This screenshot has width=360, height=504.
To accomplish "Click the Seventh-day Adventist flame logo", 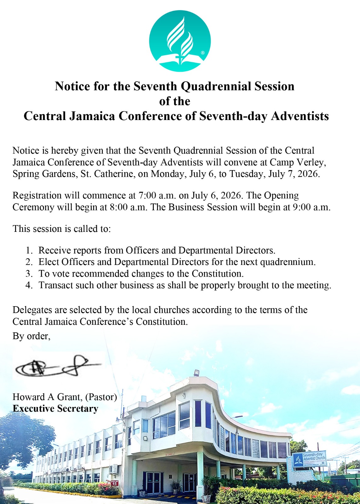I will click(x=180, y=41).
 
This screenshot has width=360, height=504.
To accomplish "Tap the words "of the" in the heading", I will click(x=175, y=101).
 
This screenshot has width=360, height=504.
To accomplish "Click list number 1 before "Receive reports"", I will click(x=29, y=251).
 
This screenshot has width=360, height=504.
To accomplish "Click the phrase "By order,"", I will click(x=32, y=336).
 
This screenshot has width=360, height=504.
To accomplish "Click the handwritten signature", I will click(x=57, y=367).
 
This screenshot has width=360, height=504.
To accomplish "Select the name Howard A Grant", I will click(x=47, y=397).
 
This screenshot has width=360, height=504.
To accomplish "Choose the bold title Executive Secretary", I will click(x=55, y=409).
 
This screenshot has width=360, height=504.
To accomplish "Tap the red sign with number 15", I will click(x=115, y=483).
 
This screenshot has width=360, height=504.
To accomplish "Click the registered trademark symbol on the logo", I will click(x=203, y=53).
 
